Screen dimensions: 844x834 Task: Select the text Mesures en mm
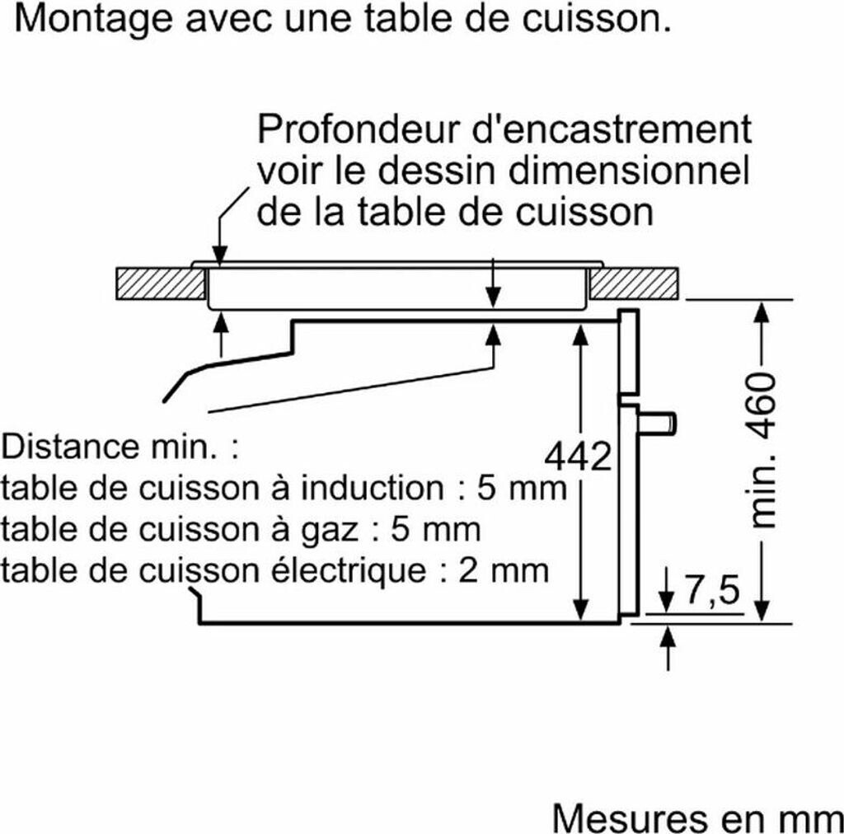(x=696, y=818)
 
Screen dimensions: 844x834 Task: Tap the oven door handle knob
(x=663, y=421)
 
